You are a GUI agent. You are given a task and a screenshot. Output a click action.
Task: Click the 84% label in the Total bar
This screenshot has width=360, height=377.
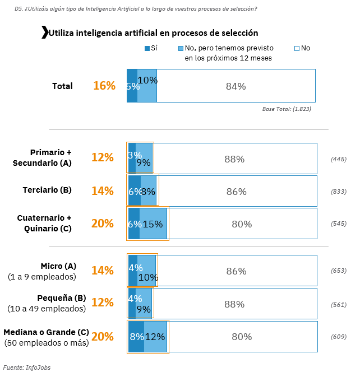point(236,86)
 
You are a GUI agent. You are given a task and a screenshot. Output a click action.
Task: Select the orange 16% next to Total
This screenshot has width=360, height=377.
point(104,86)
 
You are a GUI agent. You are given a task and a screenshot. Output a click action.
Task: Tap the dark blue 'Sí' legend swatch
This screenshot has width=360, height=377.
point(147,48)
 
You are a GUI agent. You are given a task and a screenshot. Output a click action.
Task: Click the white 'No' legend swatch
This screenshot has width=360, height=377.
point(297,48)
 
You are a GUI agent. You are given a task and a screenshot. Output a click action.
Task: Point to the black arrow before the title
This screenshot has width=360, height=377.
point(44,32)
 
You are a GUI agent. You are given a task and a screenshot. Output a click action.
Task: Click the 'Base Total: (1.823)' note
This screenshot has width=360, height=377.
point(287,109)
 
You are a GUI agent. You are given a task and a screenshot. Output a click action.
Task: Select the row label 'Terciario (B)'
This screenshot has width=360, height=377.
point(47,190)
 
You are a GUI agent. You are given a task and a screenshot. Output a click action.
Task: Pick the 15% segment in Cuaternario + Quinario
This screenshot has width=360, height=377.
point(153,224)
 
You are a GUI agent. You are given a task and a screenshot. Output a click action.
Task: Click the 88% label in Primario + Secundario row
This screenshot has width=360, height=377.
point(234,159)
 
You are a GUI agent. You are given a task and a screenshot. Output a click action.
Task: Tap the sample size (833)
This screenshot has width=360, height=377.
point(339,192)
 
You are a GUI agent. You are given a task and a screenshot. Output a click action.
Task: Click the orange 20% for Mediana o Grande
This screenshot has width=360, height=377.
point(103,337)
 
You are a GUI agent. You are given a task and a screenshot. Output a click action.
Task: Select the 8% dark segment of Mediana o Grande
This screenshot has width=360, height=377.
point(136,337)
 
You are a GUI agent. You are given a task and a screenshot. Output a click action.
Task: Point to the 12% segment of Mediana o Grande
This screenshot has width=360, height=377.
point(155,337)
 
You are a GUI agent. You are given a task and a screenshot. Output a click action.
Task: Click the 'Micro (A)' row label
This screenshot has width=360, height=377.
point(58,266)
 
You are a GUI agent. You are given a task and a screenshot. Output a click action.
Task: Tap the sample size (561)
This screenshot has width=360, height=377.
point(339,304)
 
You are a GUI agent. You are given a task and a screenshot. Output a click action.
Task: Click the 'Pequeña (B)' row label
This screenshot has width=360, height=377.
point(61,297)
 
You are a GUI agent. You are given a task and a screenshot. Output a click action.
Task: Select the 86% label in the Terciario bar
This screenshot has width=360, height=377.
point(236,192)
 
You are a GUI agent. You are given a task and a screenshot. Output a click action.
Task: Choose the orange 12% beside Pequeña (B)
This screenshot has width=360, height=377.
point(103,302)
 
